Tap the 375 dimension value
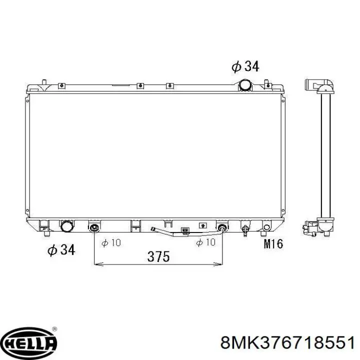pyautogui.click(x=158, y=256)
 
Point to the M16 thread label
pyautogui.click(x=273, y=243)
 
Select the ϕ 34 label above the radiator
pyautogui.click(x=245, y=66)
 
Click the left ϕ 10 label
pyautogui.click(x=111, y=242)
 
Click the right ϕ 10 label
pyautogui.click(x=205, y=242)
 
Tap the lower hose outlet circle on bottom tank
pyautogui.click(x=67, y=226)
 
